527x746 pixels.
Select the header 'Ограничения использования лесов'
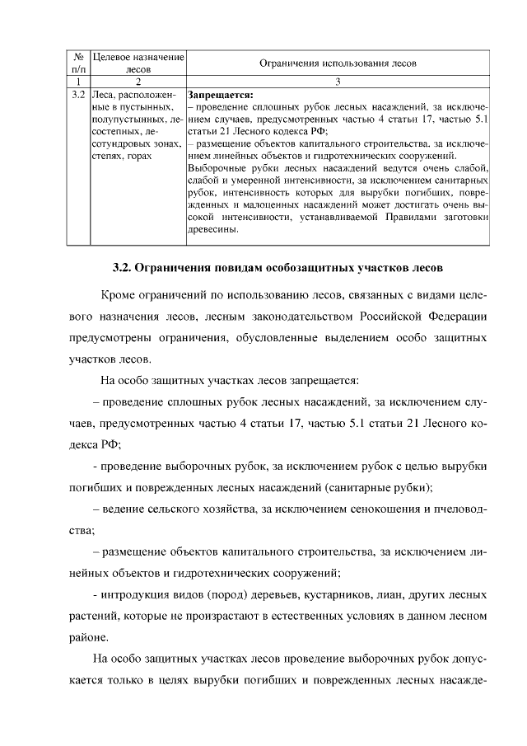[x=338, y=63]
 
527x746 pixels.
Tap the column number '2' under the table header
[x=138, y=82]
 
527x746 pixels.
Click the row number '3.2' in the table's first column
[x=78, y=95]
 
